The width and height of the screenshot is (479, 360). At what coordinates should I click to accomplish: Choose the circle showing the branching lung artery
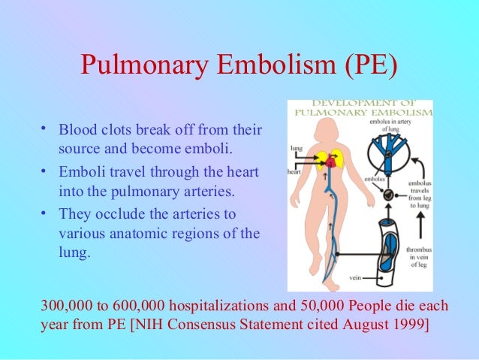389,153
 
